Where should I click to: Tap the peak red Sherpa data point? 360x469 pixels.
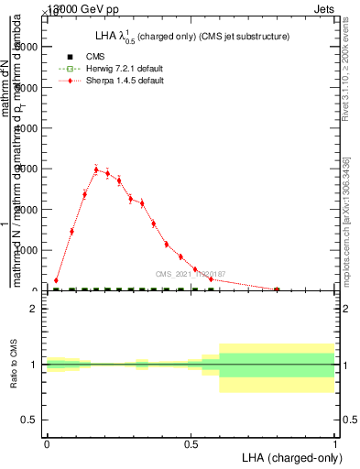point(96,169)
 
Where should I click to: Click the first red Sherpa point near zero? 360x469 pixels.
point(56,280)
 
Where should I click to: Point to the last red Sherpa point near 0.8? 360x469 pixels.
point(277,289)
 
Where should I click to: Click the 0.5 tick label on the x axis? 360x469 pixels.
point(191,443)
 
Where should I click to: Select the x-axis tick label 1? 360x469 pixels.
point(334,443)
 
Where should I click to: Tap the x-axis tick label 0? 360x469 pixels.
point(47,443)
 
